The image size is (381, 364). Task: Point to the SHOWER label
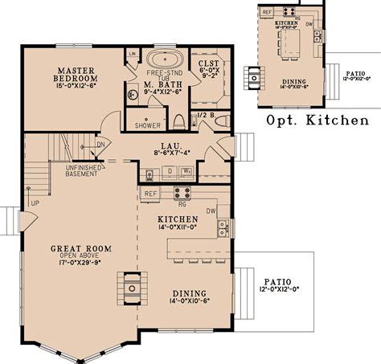[147, 125]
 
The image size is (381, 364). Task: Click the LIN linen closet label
[132, 54]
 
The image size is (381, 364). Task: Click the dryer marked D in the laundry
[170, 171]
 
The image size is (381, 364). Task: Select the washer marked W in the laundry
[186, 171]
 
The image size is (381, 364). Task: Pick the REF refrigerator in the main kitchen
[150, 194]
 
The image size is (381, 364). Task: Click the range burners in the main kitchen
[182, 192]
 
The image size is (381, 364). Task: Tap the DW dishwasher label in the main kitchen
[211, 211]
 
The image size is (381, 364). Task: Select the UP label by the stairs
[35, 203]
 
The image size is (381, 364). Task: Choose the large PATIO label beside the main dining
[278, 282]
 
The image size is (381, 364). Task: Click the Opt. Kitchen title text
[317, 121]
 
